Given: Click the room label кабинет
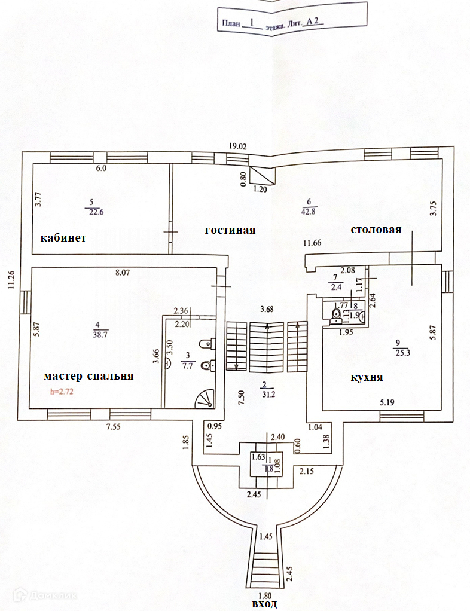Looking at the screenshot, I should pyautogui.click(x=63, y=238).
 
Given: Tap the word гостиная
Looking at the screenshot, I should pyautogui.click(x=230, y=230).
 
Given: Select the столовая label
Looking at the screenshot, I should pyautogui.click(x=376, y=230).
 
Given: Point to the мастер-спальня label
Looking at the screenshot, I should pyautogui.click(x=88, y=376).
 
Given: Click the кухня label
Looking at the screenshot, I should pyautogui.click(x=367, y=378).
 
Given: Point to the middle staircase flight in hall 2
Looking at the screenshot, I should pyautogui.click(x=267, y=346).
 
